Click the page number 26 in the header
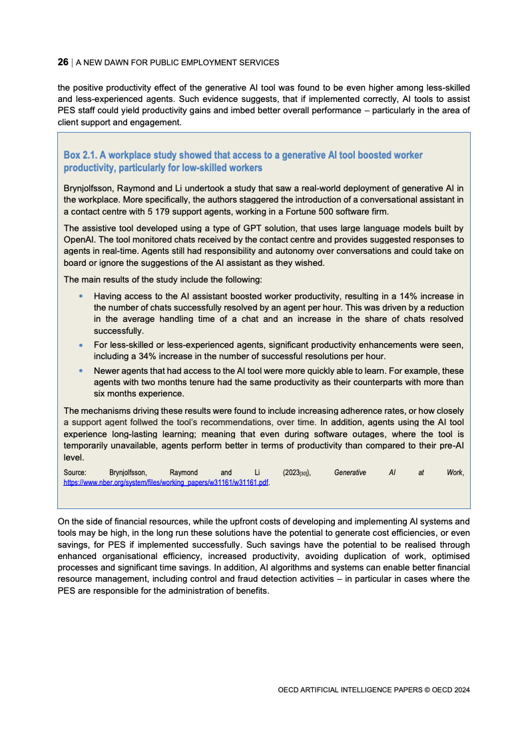coord(63,62)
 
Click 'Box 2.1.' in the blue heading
coord(80,155)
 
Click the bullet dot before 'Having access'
coord(81,296)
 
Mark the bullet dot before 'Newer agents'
coord(81,371)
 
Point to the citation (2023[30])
coord(296,472)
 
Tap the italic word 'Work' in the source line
coord(455,472)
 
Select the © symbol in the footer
coord(428,690)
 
